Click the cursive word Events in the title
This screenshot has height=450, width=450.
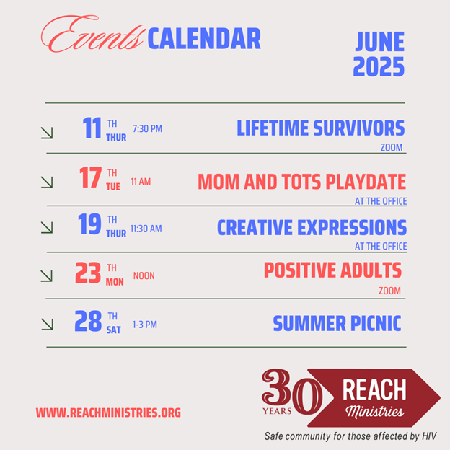92,35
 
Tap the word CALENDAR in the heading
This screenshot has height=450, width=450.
204,39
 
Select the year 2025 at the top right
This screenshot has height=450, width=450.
379,66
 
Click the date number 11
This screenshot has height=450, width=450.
92,128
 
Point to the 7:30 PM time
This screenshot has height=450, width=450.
147,129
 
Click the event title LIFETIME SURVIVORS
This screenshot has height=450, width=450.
321,128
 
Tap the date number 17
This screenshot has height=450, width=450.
90,177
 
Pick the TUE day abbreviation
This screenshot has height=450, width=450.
113,187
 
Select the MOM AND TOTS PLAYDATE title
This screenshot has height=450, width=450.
301,182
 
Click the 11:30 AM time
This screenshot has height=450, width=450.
146,229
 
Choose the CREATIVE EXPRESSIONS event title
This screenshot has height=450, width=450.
312,227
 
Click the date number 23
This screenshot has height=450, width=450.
88,273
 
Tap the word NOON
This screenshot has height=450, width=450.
144,275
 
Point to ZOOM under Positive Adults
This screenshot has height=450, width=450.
389,291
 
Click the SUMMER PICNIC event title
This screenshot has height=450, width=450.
337,323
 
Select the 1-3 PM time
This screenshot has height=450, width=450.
145,325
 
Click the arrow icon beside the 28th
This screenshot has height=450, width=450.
47,325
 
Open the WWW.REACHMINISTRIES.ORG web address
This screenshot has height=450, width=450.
108,412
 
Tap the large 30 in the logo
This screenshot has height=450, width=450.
292,391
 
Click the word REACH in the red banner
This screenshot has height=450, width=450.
374,389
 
